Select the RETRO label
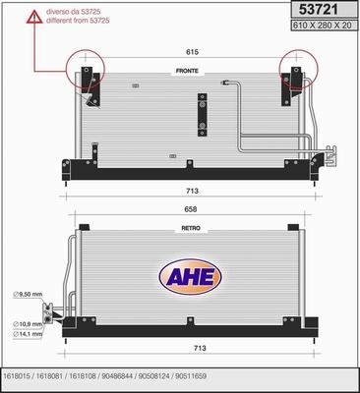pos(191,227)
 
